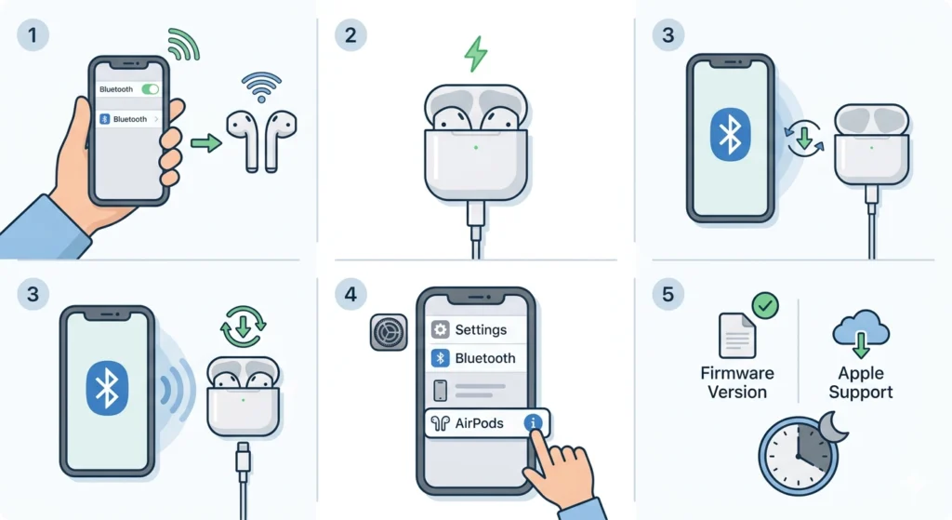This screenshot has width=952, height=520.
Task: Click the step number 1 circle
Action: pyautogui.click(x=33, y=34)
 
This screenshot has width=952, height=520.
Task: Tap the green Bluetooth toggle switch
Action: pyautogui.click(x=150, y=89)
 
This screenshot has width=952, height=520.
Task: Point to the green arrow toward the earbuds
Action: pyautogui.click(x=206, y=143)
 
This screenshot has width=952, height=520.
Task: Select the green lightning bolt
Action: pyautogui.click(x=476, y=54)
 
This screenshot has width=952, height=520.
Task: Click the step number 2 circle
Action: pyautogui.click(x=350, y=34)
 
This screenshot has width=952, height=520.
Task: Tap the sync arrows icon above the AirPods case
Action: pyautogui.click(x=244, y=327)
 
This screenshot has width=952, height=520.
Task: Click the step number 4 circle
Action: pyautogui.click(x=350, y=294)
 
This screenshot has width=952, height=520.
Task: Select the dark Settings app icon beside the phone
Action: pyautogui.click(x=389, y=332)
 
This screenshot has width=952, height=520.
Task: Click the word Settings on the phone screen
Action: pyautogui.click(x=481, y=329)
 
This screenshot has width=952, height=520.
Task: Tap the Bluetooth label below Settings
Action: pyautogui.click(x=485, y=358)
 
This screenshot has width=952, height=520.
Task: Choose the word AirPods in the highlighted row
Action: pyautogui.click(x=479, y=423)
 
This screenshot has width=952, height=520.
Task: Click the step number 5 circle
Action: pyautogui.click(x=668, y=294)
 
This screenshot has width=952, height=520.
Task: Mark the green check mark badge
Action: pyautogui.click(x=765, y=305)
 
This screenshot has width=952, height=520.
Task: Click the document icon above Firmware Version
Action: pyautogui.click(x=737, y=335)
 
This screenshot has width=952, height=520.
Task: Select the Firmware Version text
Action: pyautogui.click(x=737, y=382)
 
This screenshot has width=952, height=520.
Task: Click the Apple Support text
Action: pyautogui.click(x=861, y=382)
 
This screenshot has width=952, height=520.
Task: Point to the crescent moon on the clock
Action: pyautogui.click(x=833, y=427)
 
